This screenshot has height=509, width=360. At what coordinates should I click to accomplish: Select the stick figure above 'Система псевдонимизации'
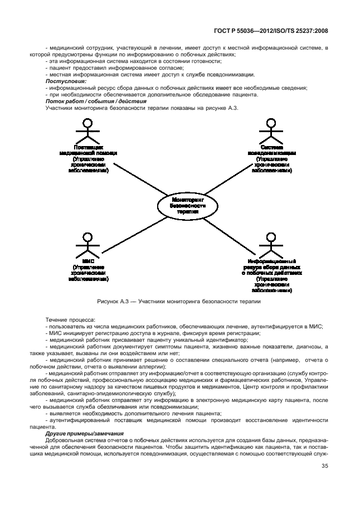click(271, 131)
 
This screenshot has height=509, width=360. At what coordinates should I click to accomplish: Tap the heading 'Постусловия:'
click(62, 81)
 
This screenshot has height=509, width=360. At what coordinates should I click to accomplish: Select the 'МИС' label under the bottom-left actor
click(88, 260)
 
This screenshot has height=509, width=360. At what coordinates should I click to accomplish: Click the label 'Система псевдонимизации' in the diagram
click(271, 149)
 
